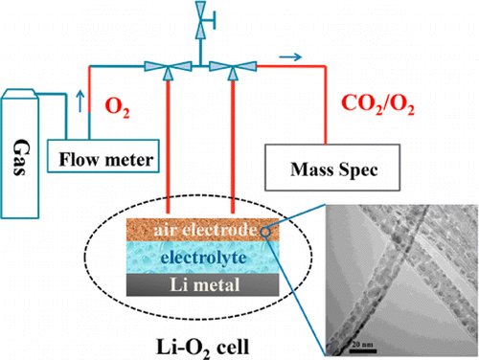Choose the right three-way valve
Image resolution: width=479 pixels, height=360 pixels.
point(225,66)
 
